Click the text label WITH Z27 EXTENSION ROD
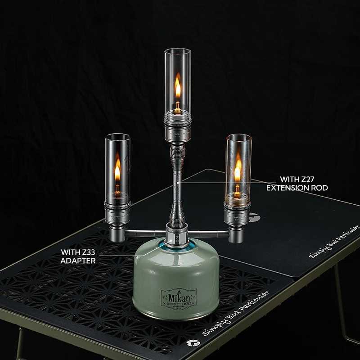[297, 183]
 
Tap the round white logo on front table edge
[190, 343]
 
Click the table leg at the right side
[342, 306]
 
